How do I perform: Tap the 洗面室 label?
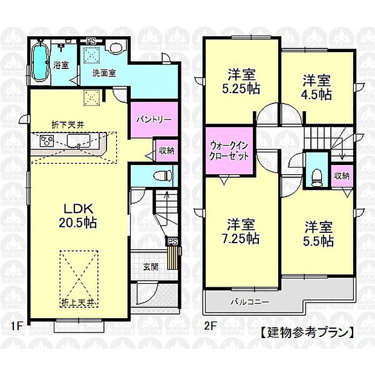(x=104, y=72)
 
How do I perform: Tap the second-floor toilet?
(x=316, y=175)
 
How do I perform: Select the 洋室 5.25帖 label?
(x=241, y=81)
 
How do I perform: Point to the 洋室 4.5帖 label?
(x=317, y=87)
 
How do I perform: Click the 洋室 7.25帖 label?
(x=241, y=230)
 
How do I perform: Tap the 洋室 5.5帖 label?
(x=318, y=234)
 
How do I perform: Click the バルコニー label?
(x=249, y=301)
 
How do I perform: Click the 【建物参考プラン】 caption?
(x=307, y=332)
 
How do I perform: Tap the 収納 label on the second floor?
(x=342, y=175)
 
